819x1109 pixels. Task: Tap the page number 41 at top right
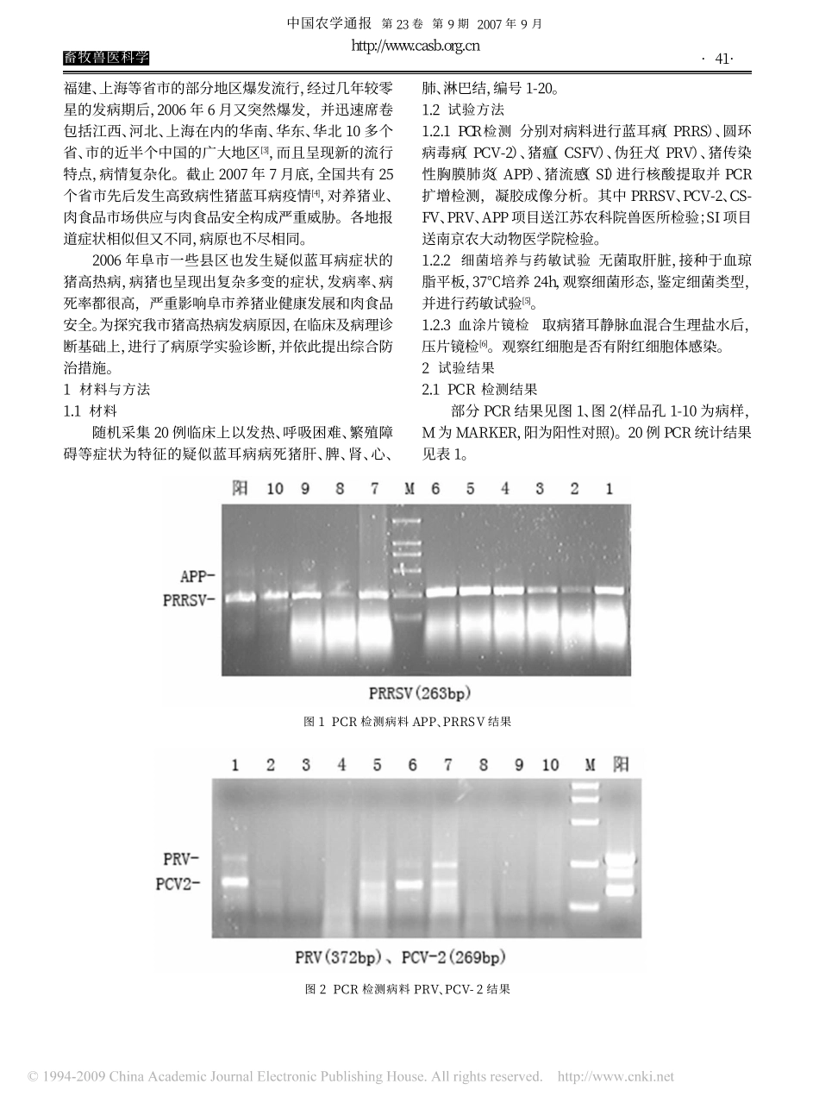click(718, 59)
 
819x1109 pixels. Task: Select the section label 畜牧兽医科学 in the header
click(106, 58)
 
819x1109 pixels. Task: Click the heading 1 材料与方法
click(107, 389)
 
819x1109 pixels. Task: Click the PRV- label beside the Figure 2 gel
click(183, 858)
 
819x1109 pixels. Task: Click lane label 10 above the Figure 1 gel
click(274, 489)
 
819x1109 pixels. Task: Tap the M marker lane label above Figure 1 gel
click(409, 489)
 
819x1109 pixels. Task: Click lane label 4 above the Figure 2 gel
click(341, 765)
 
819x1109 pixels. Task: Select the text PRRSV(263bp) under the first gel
click(420, 692)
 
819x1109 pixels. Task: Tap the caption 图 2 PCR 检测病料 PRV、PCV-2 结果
click(409, 990)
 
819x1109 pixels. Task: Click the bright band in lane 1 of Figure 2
click(234, 881)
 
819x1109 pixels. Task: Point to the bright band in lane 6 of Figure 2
click(410, 884)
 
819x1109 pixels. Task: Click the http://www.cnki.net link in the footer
click(616, 1077)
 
